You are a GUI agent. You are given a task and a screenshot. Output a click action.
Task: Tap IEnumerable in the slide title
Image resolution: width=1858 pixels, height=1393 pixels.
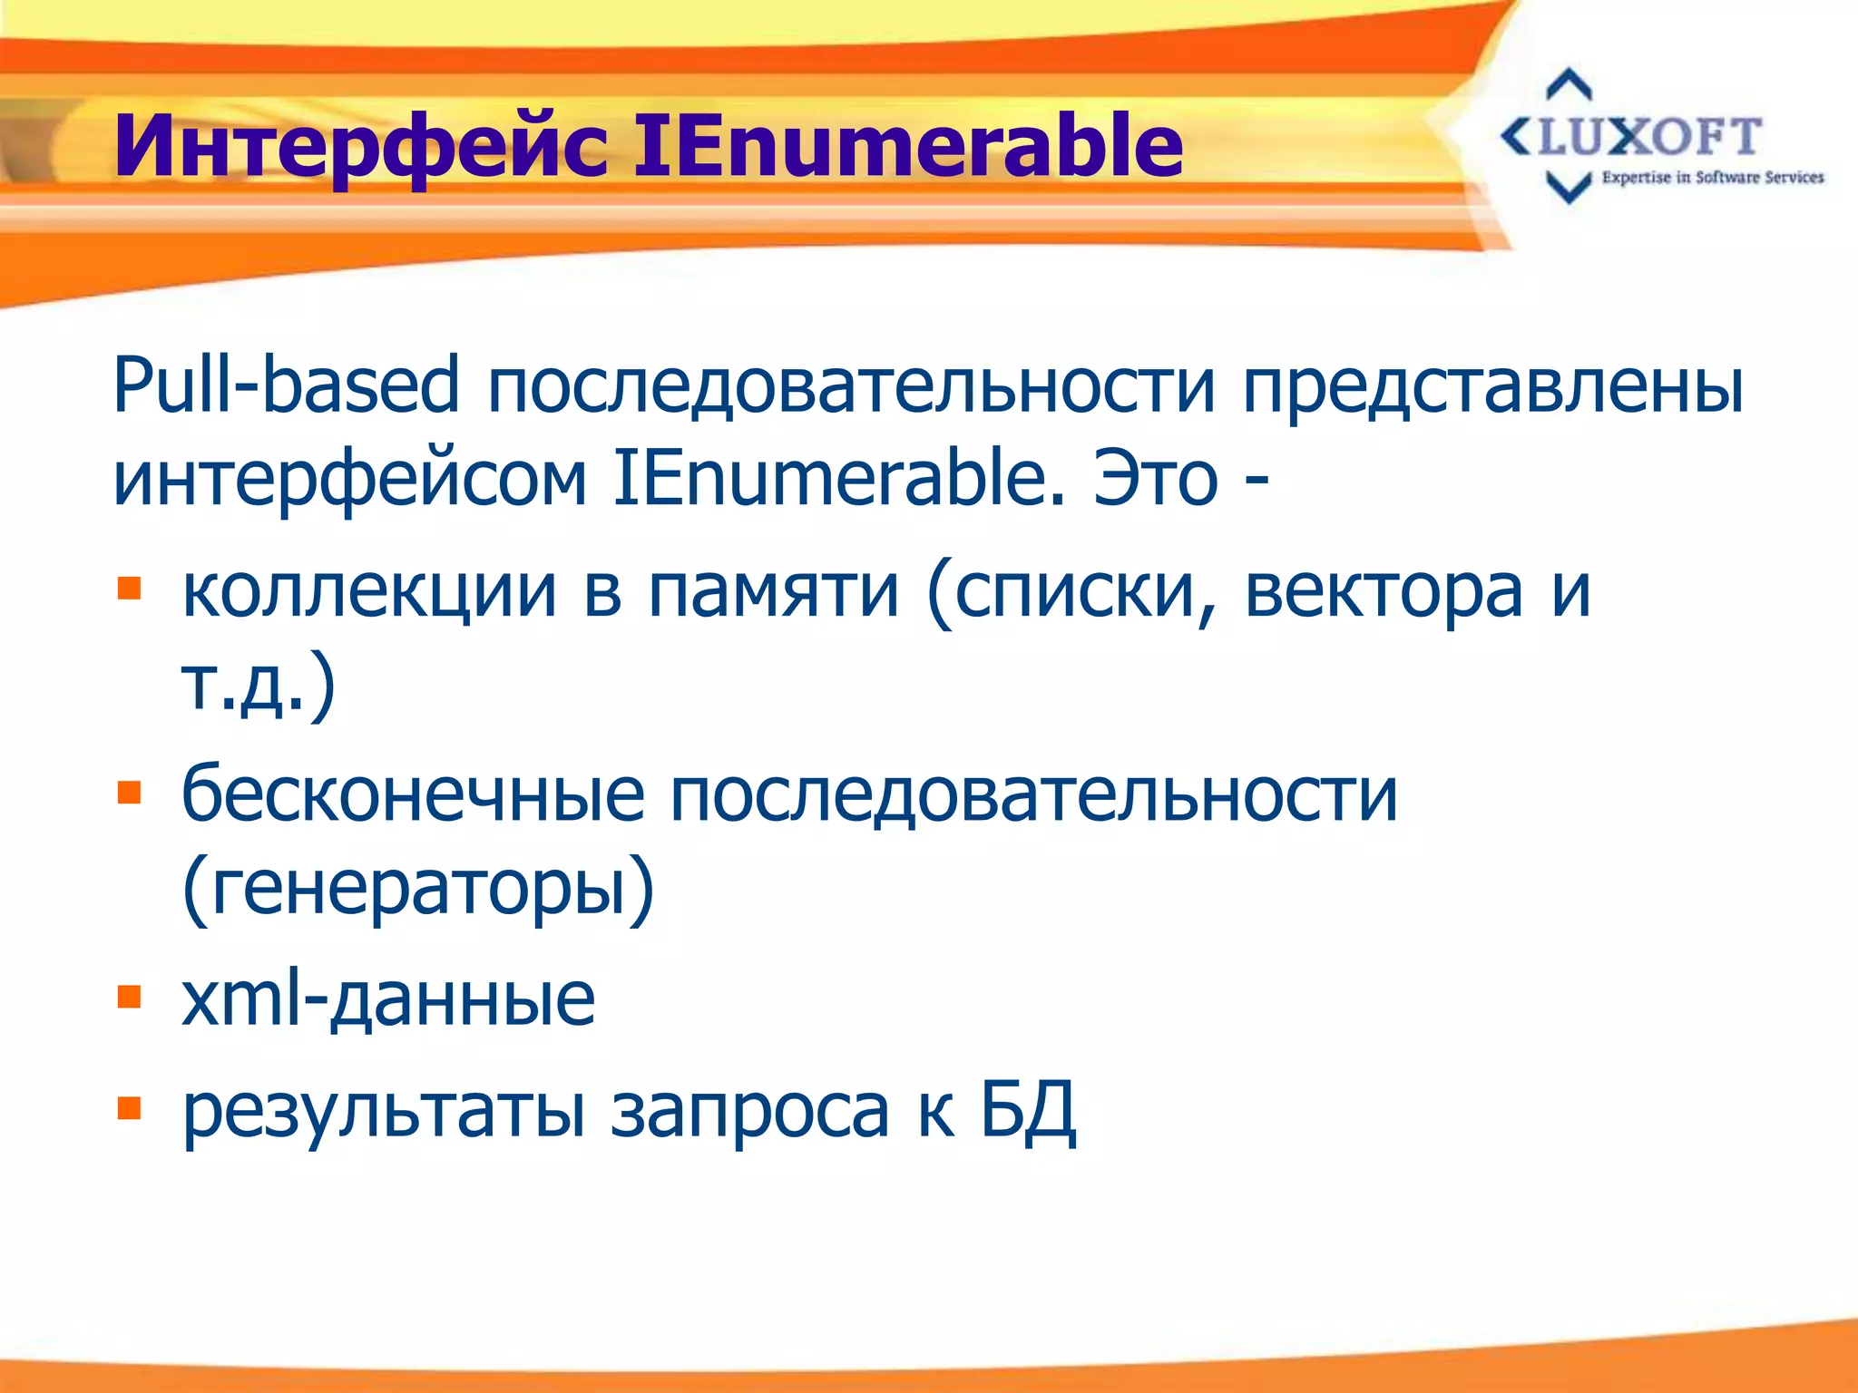click(907, 145)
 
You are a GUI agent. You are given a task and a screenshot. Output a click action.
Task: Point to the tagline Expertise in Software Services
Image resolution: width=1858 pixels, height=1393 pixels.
click(1712, 178)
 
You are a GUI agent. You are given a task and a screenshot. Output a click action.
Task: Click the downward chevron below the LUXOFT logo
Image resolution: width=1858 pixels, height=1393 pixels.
click(1568, 187)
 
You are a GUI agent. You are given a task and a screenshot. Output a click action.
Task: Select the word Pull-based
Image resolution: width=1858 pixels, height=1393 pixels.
click(286, 385)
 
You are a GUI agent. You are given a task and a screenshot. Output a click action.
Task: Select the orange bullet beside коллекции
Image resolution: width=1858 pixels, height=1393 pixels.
click(130, 589)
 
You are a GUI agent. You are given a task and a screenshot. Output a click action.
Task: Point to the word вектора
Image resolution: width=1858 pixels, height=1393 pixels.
click(1383, 591)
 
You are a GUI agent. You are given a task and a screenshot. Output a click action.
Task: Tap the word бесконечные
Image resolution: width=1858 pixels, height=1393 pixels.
click(413, 794)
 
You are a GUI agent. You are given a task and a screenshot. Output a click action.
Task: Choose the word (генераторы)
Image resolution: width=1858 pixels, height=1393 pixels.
click(417, 889)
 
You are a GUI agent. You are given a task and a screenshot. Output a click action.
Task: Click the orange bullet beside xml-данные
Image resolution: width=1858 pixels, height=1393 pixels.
click(130, 998)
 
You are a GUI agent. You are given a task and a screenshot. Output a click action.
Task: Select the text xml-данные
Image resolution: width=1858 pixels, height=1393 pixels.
click(388, 999)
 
